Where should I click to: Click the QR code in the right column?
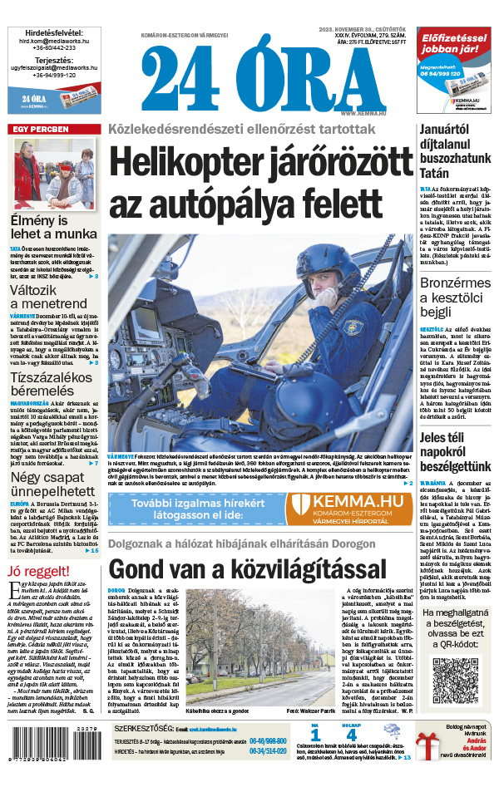coord(457,679)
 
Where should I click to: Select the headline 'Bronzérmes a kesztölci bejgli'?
coord(456,298)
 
